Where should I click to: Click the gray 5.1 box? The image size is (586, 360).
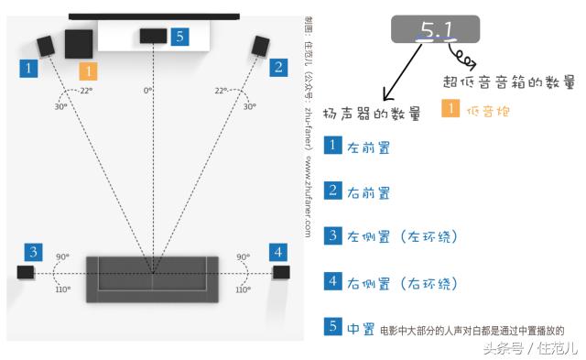tap(436, 30)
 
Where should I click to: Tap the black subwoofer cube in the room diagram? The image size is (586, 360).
tap(79, 44)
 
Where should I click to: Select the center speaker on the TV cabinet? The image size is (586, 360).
tap(152, 37)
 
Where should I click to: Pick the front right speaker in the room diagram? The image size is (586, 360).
tap(260, 45)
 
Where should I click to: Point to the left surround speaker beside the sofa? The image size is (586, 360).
tap(26, 271)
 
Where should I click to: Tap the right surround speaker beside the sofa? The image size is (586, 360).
tap(280, 271)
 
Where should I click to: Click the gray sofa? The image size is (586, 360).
tap(152, 278)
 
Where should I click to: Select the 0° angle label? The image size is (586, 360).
tap(147, 91)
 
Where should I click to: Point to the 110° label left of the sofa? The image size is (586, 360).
tap(62, 289)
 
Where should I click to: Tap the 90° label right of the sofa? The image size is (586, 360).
tap(243, 257)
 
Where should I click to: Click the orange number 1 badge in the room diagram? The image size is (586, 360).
tap(88, 70)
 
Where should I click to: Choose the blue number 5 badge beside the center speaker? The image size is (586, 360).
tap(179, 37)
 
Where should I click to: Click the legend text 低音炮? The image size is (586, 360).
tap(488, 111)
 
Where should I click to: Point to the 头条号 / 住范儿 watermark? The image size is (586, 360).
tap(530, 348)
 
